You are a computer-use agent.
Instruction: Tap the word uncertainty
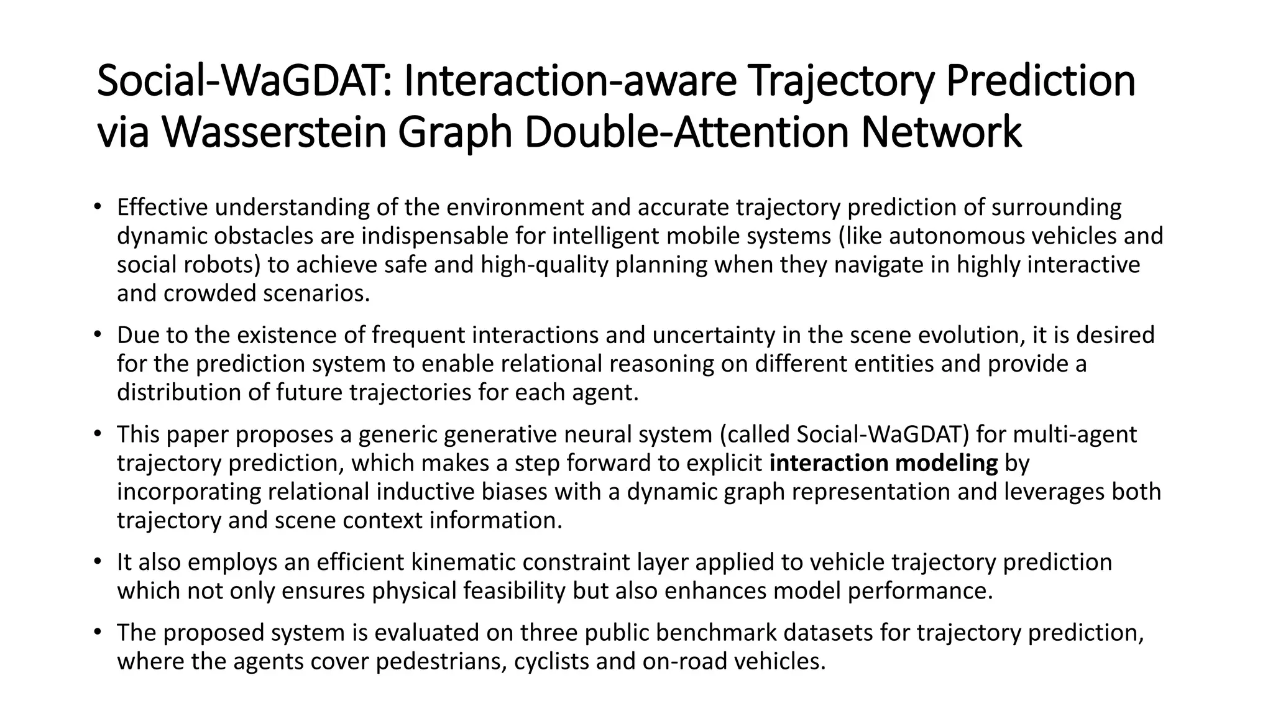pos(714,335)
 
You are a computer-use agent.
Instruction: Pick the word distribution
pos(162,392)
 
